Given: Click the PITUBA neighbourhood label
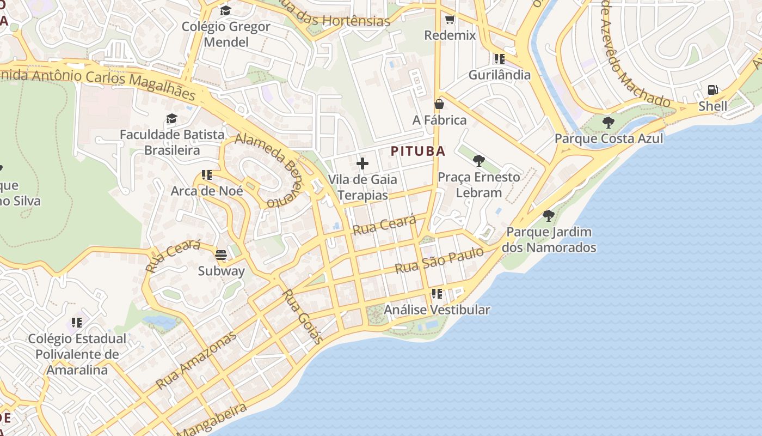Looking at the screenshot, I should click(418, 152).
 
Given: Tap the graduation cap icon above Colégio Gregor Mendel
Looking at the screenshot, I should click(225, 10).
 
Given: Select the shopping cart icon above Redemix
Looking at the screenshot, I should click(450, 20).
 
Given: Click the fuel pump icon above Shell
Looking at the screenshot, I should click(712, 90).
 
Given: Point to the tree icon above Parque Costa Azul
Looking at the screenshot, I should click(609, 122).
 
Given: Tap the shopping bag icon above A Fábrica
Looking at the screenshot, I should click(439, 104).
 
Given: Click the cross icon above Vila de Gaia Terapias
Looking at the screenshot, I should click(362, 163).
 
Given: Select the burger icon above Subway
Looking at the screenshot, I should click(221, 255).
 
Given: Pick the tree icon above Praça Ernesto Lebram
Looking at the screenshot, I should click(479, 161).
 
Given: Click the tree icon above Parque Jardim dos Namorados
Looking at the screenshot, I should click(549, 216).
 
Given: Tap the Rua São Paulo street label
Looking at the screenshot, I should click(439, 261).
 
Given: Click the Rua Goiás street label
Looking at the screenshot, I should click(303, 316).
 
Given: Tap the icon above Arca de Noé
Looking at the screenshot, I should click(207, 175).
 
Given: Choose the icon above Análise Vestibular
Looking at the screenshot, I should click(437, 294).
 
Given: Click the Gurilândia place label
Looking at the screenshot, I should click(499, 75).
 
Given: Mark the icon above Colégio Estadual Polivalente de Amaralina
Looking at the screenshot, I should click(77, 322).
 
